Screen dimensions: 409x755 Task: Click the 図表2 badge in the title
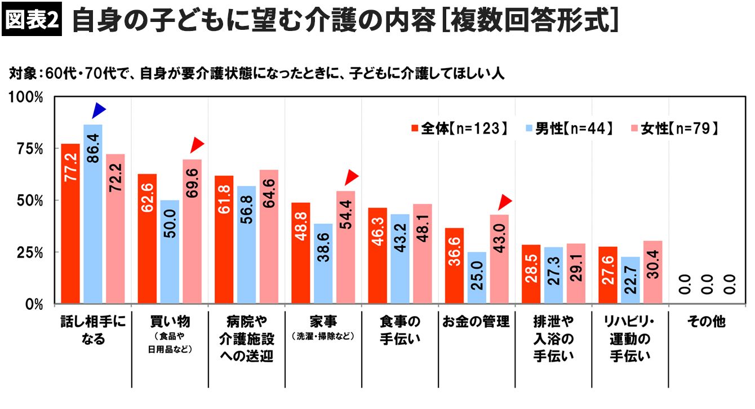point(32,21)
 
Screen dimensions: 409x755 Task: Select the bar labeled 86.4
point(93,214)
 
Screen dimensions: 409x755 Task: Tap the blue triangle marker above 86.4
point(99,110)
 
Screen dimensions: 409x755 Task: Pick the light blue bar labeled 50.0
point(170,252)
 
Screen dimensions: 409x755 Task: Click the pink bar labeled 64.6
point(269,237)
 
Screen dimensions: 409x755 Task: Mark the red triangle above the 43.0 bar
point(505,201)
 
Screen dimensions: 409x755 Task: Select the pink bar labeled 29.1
point(576,274)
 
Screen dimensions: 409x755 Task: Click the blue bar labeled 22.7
point(630,281)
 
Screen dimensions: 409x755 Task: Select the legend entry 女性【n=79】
point(671,128)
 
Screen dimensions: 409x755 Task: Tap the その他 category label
point(707,323)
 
